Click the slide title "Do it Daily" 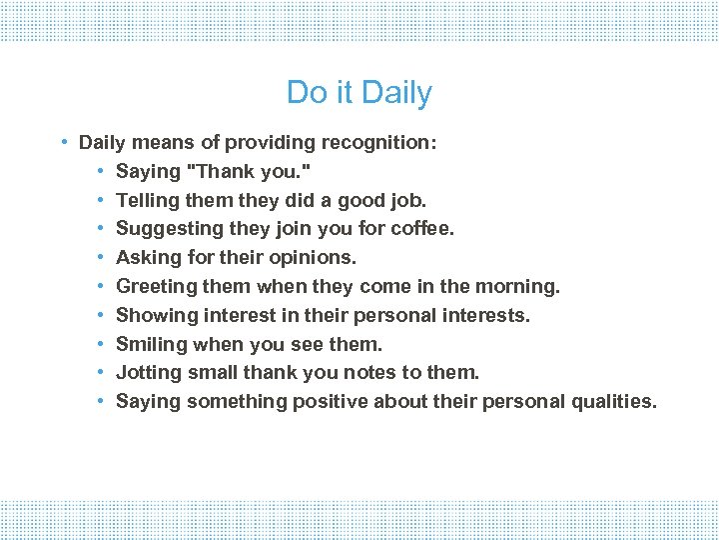tap(359, 93)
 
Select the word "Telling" tap(148, 200)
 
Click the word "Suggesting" tap(164, 229)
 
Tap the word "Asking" tap(146, 258)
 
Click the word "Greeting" tap(156, 287)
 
